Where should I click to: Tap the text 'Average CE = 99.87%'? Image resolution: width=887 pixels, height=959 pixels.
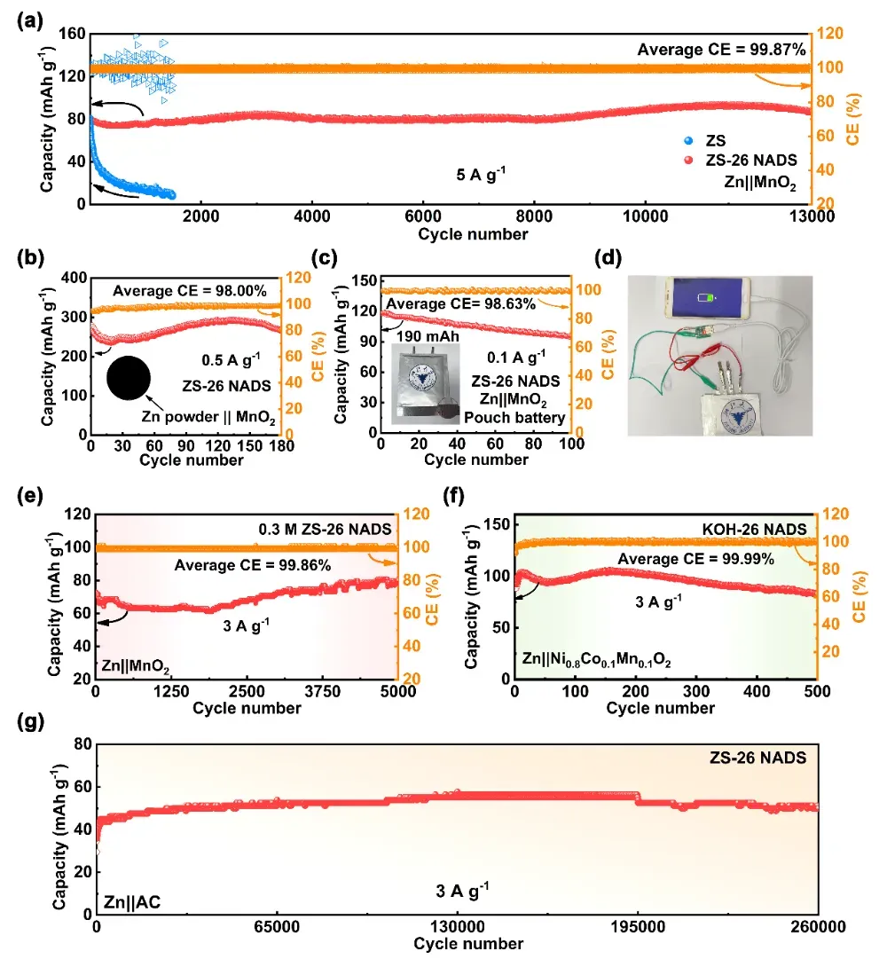[721, 50]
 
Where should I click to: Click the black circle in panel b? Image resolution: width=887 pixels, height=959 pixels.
[129, 377]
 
